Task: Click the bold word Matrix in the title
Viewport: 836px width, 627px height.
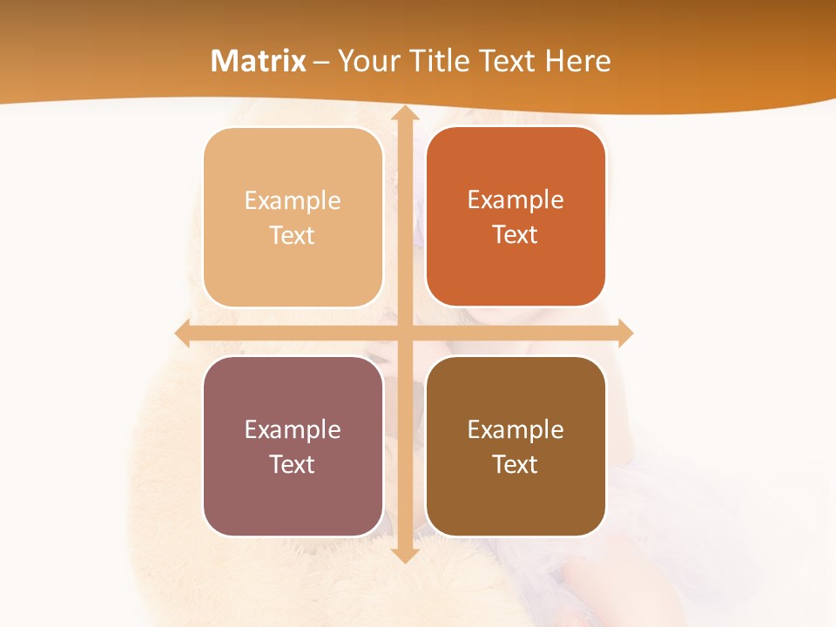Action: click(x=259, y=61)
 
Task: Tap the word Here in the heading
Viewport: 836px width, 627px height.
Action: click(x=578, y=61)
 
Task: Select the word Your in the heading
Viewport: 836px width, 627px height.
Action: click(x=366, y=61)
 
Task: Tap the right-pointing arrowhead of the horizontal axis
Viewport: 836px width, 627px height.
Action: click(x=624, y=333)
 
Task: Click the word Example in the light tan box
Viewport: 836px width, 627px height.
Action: click(x=293, y=201)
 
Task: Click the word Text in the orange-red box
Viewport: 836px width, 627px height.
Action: click(x=516, y=235)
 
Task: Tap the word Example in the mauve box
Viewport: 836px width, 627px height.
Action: click(x=293, y=429)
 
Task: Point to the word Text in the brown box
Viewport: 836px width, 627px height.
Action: click(x=516, y=464)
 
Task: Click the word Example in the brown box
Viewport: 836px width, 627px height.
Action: click(x=516, y=429)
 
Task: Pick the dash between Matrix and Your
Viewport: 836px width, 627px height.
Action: click(x=321, y=62)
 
